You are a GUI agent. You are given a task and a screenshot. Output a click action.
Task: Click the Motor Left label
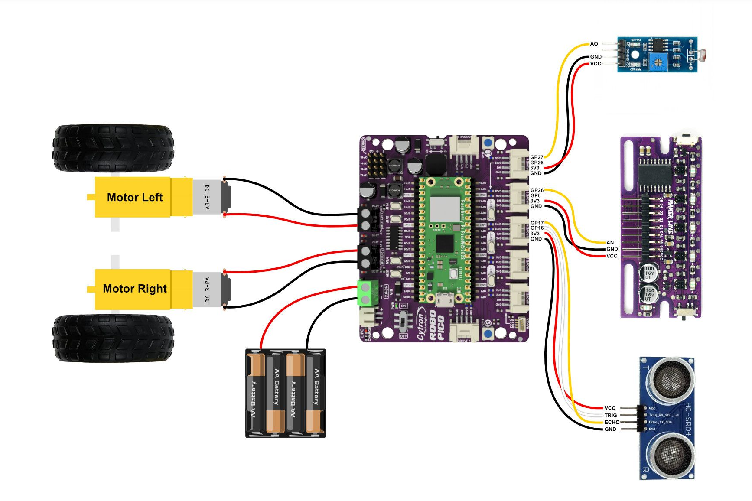(134, 198)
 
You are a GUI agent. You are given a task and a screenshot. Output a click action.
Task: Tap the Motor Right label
(134, 289)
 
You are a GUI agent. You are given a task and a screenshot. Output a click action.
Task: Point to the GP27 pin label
(537, 157)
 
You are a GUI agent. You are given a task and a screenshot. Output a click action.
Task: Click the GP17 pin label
(537, 223)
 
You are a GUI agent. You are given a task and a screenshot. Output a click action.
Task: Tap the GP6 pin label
(535, 195)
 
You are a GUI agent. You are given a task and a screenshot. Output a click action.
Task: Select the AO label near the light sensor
(594, 44)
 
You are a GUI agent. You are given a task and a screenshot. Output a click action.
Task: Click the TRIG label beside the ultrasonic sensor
(610, 415)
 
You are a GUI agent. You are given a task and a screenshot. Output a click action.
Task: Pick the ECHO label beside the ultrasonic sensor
(612, 422)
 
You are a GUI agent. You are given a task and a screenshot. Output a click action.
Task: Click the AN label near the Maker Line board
(610, 243)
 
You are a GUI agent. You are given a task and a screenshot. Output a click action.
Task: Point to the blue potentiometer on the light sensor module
(658, 61)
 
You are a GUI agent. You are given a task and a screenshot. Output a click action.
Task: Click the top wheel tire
(113, 148)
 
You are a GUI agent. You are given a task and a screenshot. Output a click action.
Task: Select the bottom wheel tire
(113, 338)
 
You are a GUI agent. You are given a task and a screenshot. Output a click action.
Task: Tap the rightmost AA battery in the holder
(316, 394)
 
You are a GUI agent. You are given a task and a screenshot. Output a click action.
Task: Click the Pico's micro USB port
(445, 299)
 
